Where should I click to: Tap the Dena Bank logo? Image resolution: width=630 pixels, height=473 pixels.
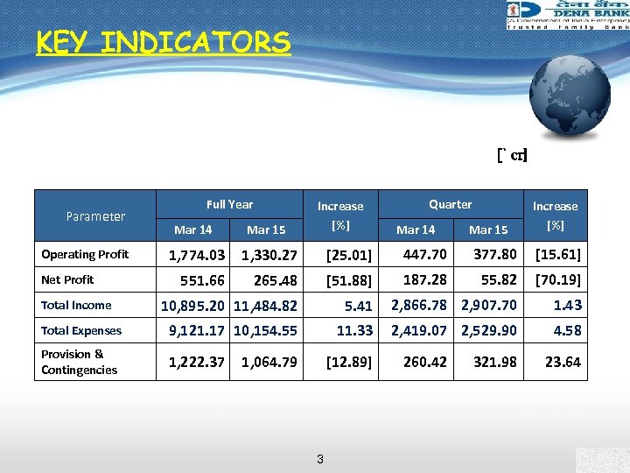click(566, 16)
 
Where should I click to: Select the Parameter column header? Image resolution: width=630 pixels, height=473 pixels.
click(95, 215)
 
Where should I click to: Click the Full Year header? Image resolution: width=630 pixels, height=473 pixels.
click(229, 204)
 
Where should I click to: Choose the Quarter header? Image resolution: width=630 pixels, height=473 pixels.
click(450, 204)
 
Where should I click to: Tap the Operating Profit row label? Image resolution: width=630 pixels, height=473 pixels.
click(85, 255)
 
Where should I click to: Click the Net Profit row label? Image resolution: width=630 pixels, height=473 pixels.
click(67, 280)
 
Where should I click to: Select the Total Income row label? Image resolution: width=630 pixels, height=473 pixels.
click(76, 306)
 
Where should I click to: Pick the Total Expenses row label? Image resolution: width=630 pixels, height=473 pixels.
click(82, 331)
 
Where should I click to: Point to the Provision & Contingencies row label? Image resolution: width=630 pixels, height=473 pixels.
click(79, 362)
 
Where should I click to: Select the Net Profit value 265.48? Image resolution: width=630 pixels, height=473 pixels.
click(269, 280)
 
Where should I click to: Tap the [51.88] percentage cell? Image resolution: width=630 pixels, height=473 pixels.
click(348, 281)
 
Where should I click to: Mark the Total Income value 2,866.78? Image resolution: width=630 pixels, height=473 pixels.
click(419, 305)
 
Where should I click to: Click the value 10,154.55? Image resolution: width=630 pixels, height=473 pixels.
click(266, 331)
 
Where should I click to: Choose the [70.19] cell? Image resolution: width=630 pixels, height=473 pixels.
click(558, 280)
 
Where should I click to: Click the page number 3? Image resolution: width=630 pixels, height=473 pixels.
click(320, 459)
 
